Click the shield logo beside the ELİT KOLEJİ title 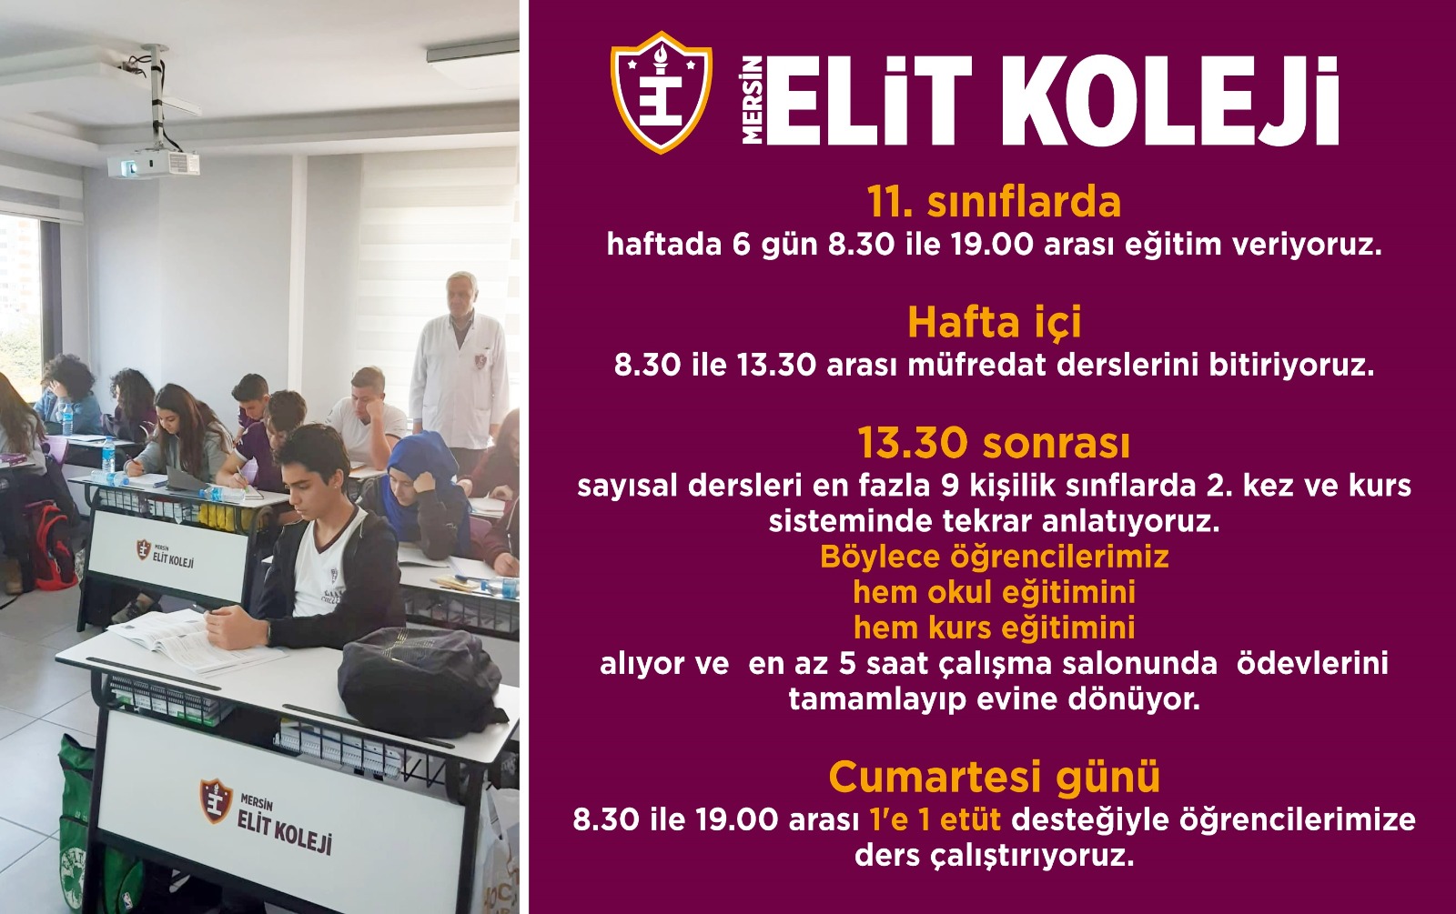661,92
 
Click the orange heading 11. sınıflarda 995,202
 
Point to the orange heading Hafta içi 995,322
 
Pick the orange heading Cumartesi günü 995,777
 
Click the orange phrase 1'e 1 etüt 935,819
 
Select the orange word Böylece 880,557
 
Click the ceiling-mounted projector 153,163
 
